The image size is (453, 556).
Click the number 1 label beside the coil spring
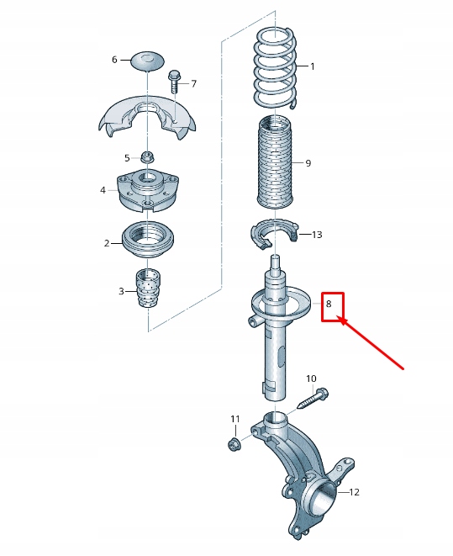click(312, 66)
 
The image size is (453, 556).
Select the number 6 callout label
click(114, 60)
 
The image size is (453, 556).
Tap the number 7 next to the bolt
click(193, 83)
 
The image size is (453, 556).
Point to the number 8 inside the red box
click(329, 303)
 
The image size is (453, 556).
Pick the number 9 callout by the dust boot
click(308, 163)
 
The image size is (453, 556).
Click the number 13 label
click(317, 235)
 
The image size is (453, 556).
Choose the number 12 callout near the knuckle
click(354, 492)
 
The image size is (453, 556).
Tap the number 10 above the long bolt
click(311, 379)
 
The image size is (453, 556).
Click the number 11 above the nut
click(235, 419)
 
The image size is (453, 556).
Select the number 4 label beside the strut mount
click(103, 190)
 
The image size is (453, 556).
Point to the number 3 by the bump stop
click(121, 292)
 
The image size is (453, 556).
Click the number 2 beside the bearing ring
click(107, 243)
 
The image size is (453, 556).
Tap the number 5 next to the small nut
click(128, 157)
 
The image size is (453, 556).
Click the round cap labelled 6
click(149, 61)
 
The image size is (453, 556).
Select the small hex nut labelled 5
click(147, 156)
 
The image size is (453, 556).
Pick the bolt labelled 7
click(174, 82)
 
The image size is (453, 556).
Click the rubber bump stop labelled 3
click(149, 288)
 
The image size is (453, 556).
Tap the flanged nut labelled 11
click(234, 443)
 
